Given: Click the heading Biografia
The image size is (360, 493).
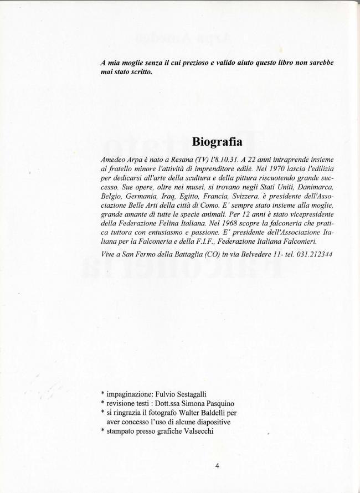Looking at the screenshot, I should point(218,141).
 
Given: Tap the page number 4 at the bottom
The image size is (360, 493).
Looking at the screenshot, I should point(217,465).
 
